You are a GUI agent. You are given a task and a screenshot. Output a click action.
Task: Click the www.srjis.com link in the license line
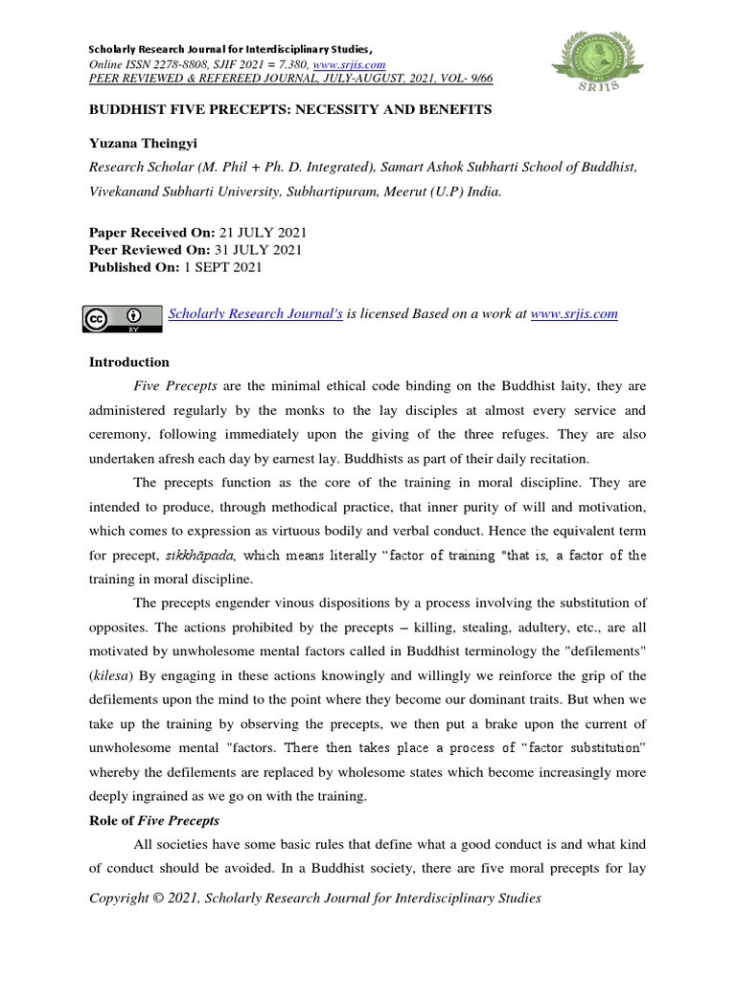[573, 313]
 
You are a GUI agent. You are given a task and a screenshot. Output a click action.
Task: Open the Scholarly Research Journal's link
[255, 313]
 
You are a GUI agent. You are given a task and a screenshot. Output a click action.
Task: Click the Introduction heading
[128, 362]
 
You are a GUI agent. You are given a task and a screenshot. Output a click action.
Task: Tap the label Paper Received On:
[151, 233]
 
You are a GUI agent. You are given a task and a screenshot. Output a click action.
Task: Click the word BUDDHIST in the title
[129, 109]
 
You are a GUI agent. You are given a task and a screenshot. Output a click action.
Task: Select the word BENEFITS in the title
[451, 109]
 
